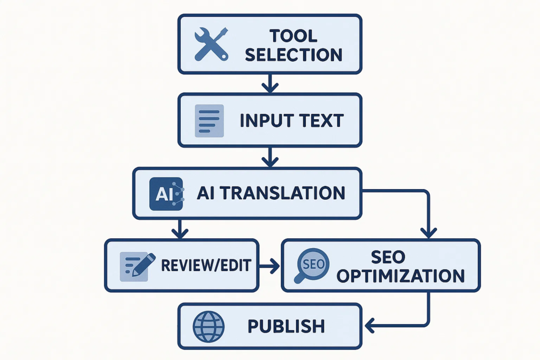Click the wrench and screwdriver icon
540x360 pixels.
210,44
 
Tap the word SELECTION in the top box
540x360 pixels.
294,54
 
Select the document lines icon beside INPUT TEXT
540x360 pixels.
209,121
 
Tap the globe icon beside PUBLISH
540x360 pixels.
209,325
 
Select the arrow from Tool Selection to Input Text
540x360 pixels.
269,83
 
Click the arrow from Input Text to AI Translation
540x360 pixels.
269,157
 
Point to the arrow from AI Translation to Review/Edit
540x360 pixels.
180,229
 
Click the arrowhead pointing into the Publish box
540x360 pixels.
370,325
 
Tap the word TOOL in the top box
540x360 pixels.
294,36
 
